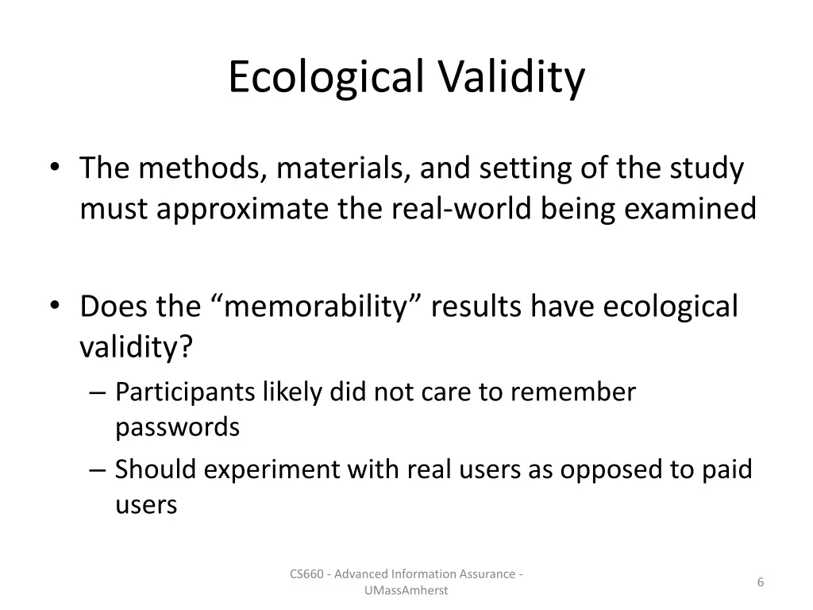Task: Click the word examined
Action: tap(691, 209)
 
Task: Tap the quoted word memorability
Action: tap(321, 306)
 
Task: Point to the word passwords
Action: tap(177, 427)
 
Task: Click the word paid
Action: tap(726, 469)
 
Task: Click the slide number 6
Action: tap(761, 582)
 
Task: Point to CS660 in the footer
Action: tap(306, 573)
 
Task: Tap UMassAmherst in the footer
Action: tap(406, 590)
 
